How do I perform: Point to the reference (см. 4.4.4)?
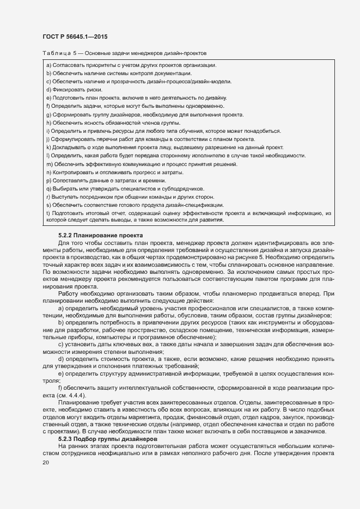(x=75, y=395)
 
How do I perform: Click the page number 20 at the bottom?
(x=45, y=447)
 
